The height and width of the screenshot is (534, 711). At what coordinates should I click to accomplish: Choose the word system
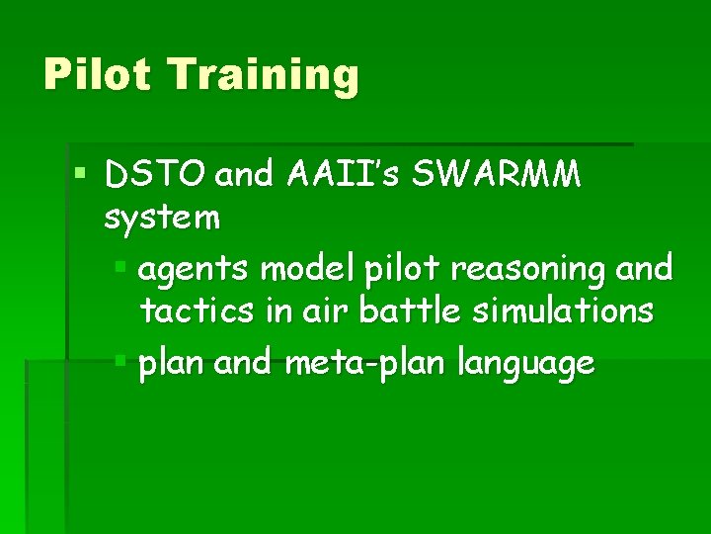[163, 218]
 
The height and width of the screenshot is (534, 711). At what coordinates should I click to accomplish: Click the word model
[291, 267]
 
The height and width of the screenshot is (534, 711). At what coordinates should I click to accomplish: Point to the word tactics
[197, 311]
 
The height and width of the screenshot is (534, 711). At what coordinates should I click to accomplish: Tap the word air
[323, 311]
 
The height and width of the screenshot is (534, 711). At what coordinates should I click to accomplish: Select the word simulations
[563, 311]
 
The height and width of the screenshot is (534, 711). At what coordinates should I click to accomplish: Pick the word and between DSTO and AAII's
[248, 175]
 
